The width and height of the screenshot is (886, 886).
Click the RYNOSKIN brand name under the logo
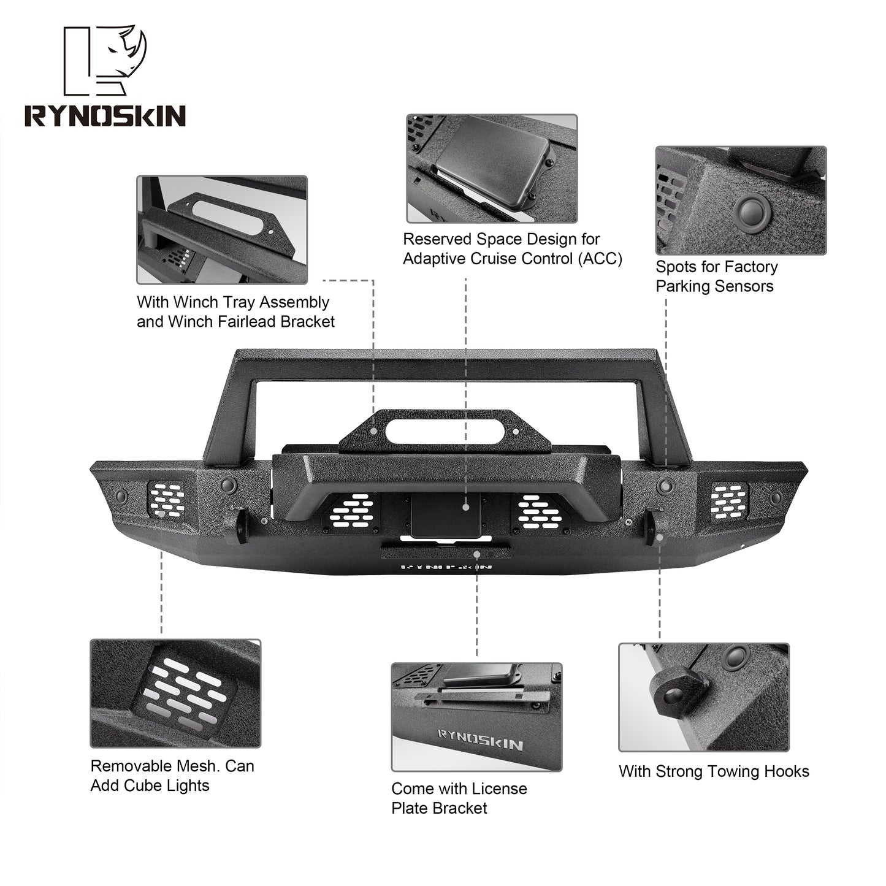point(105,116)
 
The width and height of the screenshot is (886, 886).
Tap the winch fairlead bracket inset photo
point(221,230)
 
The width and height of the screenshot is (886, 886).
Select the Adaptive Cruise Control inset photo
point(492,168)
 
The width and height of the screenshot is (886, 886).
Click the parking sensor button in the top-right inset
point(752,212)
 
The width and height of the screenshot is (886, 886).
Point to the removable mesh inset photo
point(175,693)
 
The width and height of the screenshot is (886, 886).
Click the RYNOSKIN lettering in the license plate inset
point(481,740)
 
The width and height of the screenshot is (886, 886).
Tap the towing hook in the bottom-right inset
point(676,694)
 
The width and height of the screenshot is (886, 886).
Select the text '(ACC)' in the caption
point(600,259)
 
